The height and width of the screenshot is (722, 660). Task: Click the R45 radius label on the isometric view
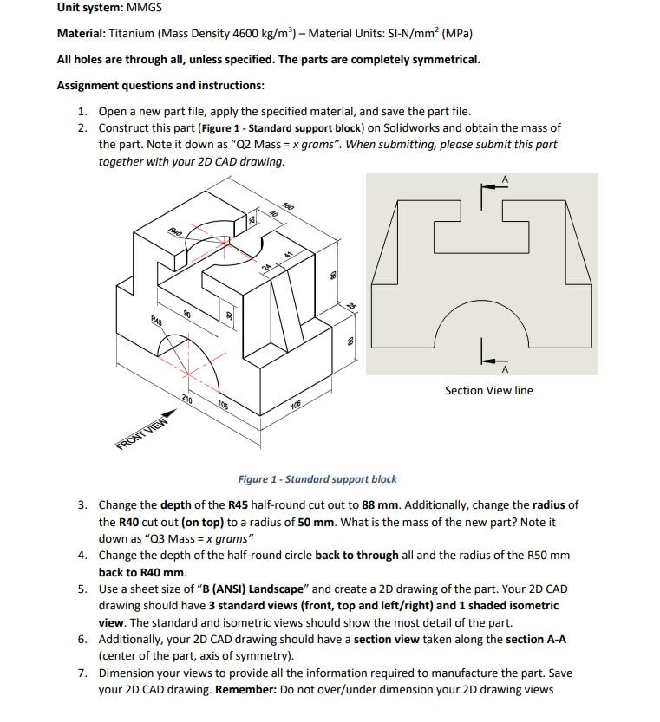click(x=157, y=319)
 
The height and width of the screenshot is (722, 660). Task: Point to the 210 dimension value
click(x=186, y=399)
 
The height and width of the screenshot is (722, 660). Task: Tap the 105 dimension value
click(x=222, y=405)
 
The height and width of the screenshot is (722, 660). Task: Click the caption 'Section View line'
click(x=488, y=391)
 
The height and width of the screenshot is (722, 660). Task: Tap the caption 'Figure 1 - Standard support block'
click(x=317, y=479)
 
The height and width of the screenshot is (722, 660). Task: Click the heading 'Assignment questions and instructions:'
click(x=160, y=85)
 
